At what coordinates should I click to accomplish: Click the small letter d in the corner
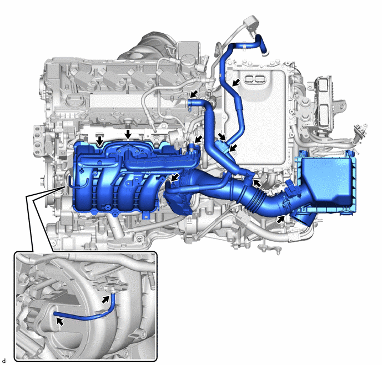4,361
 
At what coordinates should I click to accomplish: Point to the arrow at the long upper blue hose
235,83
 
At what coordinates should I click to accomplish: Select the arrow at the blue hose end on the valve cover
194,94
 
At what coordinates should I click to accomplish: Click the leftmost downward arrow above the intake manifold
99,141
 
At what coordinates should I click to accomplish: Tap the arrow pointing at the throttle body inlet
174,178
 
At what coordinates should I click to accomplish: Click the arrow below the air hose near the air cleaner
281,220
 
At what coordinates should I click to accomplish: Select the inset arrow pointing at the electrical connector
105,300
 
